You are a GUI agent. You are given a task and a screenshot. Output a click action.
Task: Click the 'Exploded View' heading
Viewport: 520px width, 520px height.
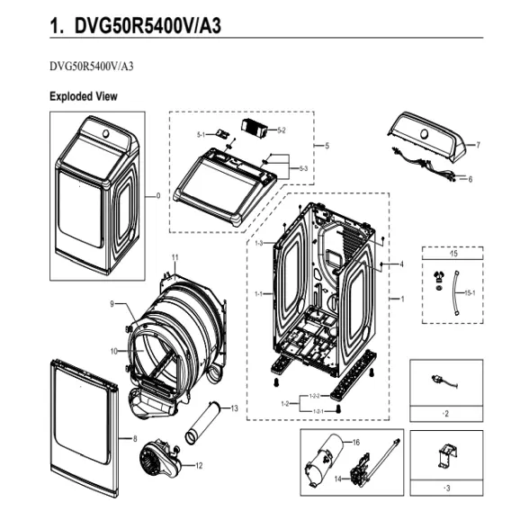pos(83,95)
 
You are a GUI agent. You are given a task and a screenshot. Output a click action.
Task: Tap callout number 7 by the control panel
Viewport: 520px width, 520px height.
pos(478,144)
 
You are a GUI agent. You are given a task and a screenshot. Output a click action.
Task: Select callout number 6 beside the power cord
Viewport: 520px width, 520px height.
pos(470,179)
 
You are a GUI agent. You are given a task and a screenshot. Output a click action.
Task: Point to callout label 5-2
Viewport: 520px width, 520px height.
pos(281,130)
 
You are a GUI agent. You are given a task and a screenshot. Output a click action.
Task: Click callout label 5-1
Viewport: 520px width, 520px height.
pos(202,134)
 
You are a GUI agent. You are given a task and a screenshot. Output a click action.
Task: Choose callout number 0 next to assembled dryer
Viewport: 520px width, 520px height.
pos(158,195)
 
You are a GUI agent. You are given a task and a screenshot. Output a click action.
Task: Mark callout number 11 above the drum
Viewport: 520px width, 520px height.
pos(175,258)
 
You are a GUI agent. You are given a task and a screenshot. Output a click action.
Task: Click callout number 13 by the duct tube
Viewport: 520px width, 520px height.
pos(233,408)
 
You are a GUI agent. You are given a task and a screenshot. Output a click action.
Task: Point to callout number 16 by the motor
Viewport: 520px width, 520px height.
pos(355,443)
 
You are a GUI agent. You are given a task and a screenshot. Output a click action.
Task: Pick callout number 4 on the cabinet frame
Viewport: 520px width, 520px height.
pos(400,264)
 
